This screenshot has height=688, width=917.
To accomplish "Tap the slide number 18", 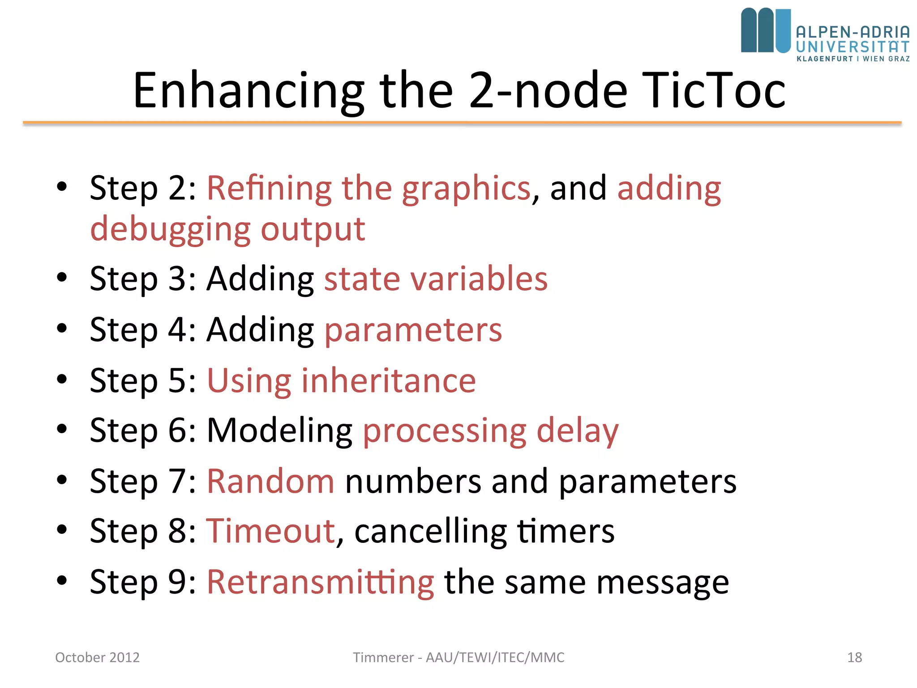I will (x=854, y=657).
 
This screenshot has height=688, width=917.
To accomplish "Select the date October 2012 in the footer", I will (x=97, y=657).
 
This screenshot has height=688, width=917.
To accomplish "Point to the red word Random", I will (x=270, y=481).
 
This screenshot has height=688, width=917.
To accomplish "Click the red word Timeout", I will (x=270, y=531).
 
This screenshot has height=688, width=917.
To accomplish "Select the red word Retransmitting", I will (x=320, y=582).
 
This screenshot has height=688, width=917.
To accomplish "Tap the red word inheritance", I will (x=388, y=381).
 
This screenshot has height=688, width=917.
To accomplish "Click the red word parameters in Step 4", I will (x=413, y=330).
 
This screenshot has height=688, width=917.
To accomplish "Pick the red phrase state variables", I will (x=435, y=279).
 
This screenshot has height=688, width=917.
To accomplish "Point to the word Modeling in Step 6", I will (x=279, y=430).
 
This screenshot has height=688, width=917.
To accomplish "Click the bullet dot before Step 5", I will (x=62, y=379).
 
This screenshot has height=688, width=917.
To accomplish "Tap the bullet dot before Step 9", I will (x=62, y=580).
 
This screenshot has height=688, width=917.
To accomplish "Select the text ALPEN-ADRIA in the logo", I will (x=853, y=32).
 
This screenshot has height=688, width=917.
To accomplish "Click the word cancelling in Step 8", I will (x=431, y=531).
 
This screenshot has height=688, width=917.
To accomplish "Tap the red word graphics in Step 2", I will (x=466, y=188).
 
